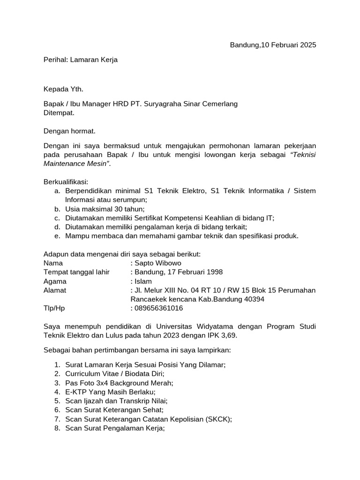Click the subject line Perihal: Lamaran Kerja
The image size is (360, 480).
pyautogui.click(x=81, y=60)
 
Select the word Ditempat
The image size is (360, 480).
pyautogui.click(x=59, y=113)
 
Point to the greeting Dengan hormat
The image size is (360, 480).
pyautogui.click(x=69, y=132)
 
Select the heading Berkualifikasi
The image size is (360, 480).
pyautogui.click(x=66, y=181)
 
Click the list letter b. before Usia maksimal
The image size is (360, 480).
pyautogui.click(x=57, y=209)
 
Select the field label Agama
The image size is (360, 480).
pyautogui.click(x=55, y=281)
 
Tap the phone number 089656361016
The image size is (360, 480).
pyautogui.click(x=159, y=308)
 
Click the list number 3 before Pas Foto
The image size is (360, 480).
pyautogui.click(x=57, y=382)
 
